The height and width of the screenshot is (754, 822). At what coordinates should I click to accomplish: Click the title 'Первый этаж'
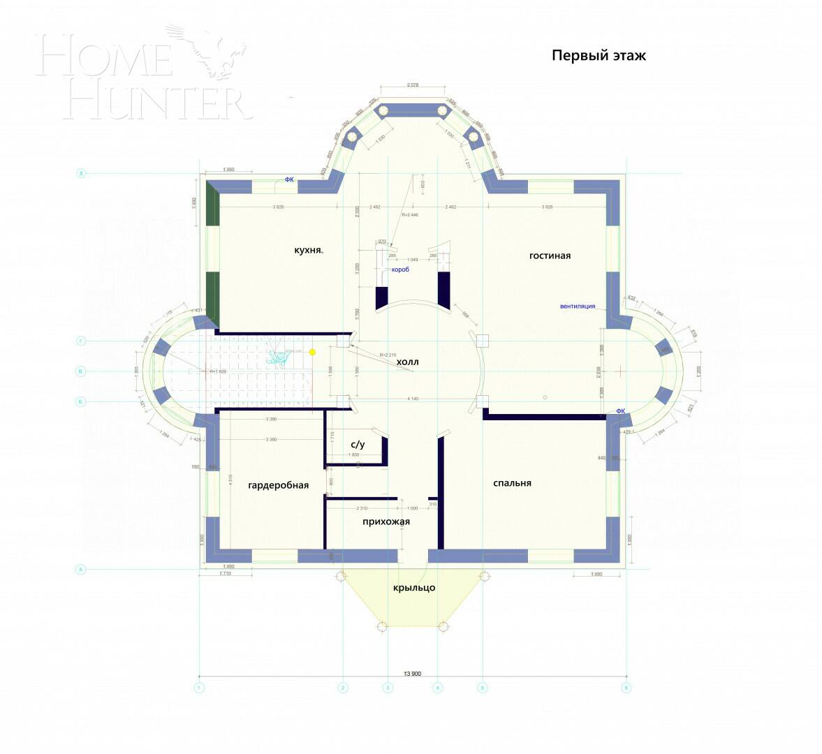(x=599, y=56)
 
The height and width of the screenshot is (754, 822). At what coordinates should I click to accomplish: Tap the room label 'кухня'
(x=308, y=249)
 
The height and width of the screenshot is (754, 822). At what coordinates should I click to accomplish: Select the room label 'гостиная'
(x=550, y=256)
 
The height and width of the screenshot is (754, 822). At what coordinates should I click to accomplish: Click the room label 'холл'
(x=408, y=362)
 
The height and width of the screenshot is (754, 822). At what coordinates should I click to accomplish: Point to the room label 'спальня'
(x=512, y=483)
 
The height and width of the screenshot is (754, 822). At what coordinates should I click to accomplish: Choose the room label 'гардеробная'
(x=278, y=485)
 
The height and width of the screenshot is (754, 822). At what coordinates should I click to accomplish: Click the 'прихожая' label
(x=386, y=522)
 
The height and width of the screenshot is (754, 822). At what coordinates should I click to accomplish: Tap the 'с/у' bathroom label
(x=358, y=444)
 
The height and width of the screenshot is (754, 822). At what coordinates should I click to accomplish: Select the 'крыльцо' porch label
(x=413, y=588)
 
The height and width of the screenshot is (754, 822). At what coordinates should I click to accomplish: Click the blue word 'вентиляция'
(x=578, y=306)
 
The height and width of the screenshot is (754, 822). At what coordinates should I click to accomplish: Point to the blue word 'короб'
(x=400, y=269)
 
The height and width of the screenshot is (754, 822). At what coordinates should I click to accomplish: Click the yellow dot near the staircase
(x=312, y=352)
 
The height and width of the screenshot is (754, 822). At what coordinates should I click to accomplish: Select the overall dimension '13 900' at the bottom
(x=412, y=674)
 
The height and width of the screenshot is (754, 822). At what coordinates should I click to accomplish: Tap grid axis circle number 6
(x=626, y=688)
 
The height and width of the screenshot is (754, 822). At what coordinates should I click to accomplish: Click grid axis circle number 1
(x=199, y=688)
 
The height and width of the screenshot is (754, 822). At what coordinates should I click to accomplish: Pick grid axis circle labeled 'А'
(x=80, y=570)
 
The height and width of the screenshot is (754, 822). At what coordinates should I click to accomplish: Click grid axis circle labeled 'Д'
(x=80, y=174)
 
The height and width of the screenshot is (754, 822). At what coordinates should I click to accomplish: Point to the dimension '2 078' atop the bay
(x=412, y=85)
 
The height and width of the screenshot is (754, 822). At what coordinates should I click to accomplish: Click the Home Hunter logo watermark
(x=143, y=73)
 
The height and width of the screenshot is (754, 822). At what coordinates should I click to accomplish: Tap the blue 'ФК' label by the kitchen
(x=289, y=179)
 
